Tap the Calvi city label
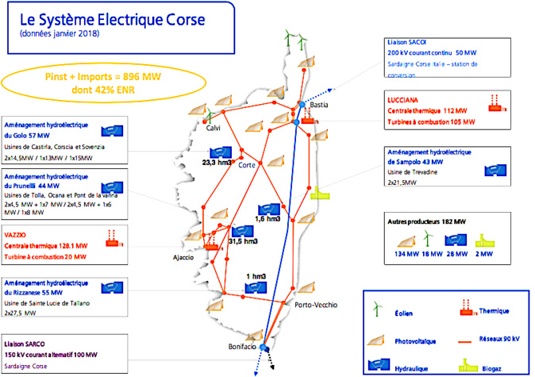click(213, 128)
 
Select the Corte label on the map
click(246, 164)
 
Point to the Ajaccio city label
click(184, 257)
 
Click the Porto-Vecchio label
click(315, 305)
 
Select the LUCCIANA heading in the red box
click(406, 99)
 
